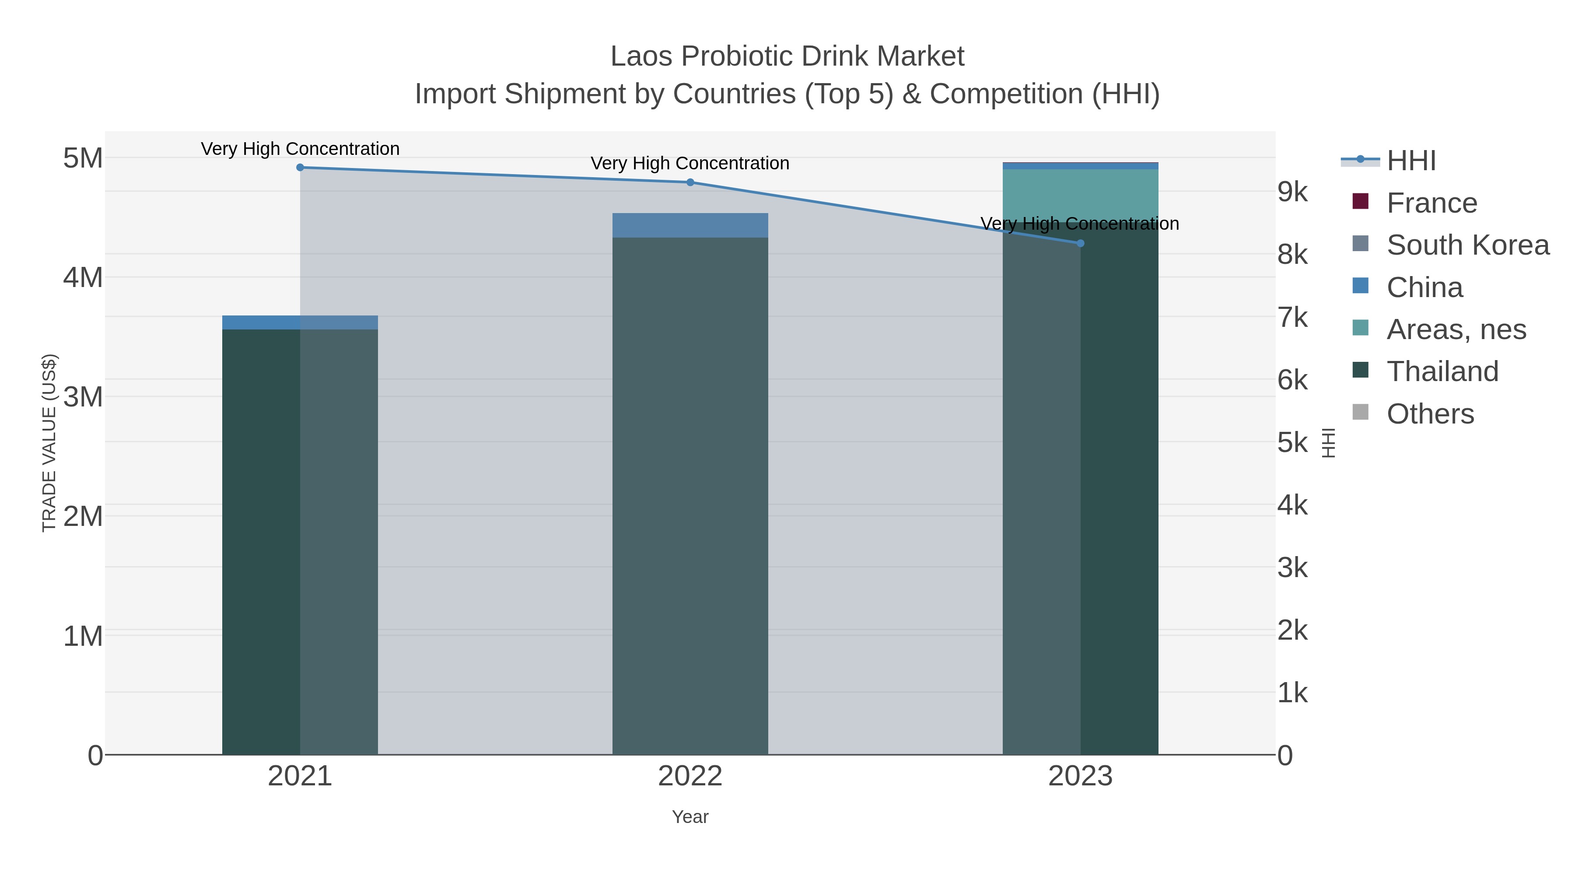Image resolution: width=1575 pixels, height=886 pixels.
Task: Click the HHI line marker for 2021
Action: [300, 168]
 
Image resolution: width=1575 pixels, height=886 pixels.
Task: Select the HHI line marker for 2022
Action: [690, 182]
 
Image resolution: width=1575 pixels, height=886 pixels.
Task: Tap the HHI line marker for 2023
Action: [1080, 243]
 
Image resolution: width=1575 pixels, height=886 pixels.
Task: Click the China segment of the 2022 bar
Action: [690, 225]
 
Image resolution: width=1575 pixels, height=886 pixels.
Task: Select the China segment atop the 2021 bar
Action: [300, 322]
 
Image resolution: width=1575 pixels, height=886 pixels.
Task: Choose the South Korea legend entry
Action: [1467, 245]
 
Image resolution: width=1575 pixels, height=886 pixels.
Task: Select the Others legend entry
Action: [1429, 414]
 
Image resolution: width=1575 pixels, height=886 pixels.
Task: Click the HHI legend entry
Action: [1410, 161]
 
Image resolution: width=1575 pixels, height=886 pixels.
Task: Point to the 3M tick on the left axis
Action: [83, 397]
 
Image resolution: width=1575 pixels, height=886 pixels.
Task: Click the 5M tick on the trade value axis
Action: [83, 158]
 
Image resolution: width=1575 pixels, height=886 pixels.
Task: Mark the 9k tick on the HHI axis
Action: [1292, 192]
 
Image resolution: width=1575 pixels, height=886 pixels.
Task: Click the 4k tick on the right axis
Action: [1292, 506]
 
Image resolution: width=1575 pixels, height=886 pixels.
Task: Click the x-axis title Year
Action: [690, 817]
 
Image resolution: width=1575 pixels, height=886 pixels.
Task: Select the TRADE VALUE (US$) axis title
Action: [49, 443]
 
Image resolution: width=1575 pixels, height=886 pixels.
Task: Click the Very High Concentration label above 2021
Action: [300, 149]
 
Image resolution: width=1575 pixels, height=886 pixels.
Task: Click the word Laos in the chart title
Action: [641, 57]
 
